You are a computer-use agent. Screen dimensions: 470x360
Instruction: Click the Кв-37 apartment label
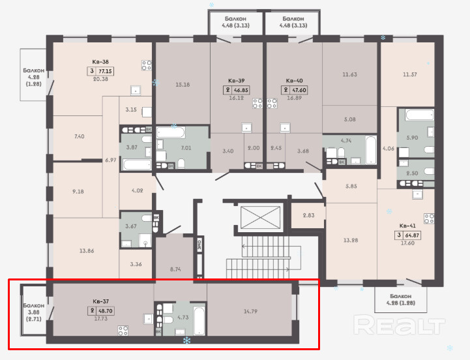pos(100,301)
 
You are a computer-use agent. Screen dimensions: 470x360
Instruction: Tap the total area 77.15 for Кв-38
pos(105,71)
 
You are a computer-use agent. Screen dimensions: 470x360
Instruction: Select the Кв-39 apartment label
pos(237,81)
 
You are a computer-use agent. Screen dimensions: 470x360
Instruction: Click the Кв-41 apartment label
pos(407,226)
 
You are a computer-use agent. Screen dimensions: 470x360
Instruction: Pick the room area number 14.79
pos(250,311)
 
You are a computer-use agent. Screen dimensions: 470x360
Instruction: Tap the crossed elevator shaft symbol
pos(261,217)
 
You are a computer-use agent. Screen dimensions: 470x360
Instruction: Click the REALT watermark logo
pos(399,325)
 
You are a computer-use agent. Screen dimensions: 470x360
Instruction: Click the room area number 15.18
pos(183,85)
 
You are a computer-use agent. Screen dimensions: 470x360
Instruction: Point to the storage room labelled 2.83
pos(308,215)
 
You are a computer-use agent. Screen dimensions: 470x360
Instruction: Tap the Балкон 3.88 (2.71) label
pos(34,312)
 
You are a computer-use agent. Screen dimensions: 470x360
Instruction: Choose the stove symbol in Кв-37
pos(123,331)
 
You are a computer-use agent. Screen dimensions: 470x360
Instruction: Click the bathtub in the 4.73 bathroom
pos(199,320)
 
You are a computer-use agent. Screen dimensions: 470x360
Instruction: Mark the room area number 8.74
pos(175,269)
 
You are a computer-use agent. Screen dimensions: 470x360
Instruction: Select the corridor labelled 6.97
pos(111,160)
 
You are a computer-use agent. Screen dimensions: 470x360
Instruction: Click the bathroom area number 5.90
pos(412,138)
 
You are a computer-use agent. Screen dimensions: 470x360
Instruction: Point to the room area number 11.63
pos(350,74)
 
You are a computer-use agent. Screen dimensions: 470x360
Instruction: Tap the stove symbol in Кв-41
pos(429,218)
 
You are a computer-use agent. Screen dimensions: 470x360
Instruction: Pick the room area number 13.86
pos(87,251)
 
